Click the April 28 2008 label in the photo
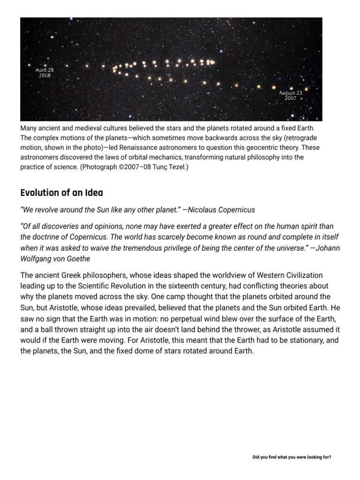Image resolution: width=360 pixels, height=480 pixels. pyautogui.click(x=45, y=73)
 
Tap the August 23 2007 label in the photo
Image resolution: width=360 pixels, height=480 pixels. pyautogui.click(x=291, y=96)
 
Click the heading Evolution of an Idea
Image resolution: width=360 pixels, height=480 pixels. pyautogui.click(x=61, y=193)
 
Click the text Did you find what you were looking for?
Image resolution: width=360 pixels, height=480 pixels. pyautogui.click(x=292, y=457)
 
